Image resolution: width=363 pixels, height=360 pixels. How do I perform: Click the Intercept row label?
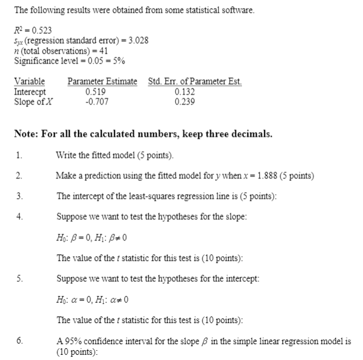point(30,92)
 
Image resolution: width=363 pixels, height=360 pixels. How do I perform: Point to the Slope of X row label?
point(33,102)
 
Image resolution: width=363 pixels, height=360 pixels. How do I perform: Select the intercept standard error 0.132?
point(186,92)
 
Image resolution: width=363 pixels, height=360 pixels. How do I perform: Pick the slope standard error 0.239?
point(186,102)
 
